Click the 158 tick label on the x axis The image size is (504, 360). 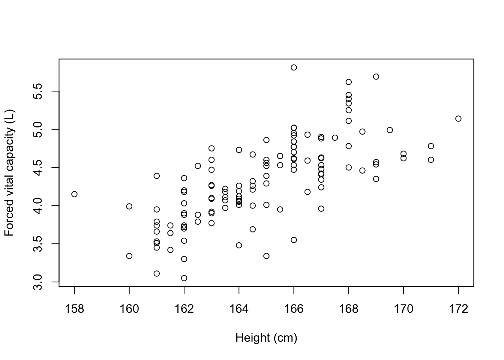74,309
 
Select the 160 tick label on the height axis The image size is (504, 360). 129,309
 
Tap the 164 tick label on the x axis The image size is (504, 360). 239,309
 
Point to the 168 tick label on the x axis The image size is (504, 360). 349,309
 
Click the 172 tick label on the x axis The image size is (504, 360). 458,309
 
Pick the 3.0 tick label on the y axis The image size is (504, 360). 38,282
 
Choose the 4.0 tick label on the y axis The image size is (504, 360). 38,205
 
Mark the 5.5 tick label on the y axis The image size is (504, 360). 38,91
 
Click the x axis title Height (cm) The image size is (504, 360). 266,338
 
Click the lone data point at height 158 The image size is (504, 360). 74,194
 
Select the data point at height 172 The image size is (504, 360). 458,118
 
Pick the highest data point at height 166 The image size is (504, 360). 294,67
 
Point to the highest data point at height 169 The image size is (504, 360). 376,76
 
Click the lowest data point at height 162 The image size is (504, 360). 184,278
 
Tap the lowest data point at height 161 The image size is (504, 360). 157,273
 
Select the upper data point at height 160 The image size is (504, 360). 129,206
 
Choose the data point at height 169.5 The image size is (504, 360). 390,130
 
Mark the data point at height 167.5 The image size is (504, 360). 335,138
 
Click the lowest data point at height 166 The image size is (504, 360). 294,240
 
